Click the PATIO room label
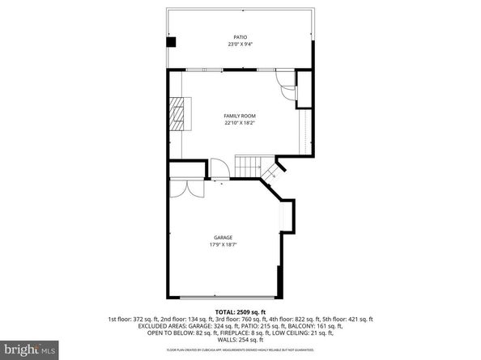240,37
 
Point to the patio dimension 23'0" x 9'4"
240,44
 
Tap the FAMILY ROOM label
240,116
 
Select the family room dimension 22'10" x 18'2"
240,124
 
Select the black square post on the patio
172,42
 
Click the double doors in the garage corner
191,189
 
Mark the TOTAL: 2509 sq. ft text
240,311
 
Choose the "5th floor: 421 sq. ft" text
343,318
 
